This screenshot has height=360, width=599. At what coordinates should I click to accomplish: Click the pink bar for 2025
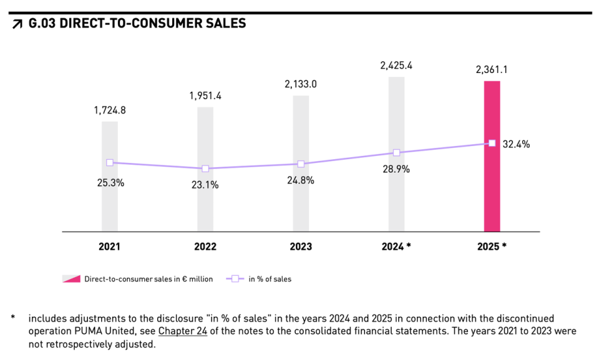click(x=492, y=187)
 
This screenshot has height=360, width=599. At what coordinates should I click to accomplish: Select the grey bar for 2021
click(x=110, y=200)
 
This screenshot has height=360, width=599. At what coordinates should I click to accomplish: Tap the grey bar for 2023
click(x=301, y=200)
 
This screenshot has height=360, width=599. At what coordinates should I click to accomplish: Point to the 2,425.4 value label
click(x=396, y=64)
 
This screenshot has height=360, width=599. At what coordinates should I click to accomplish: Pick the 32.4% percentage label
click(x=516, y=144)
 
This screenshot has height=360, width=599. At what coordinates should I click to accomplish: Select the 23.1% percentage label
click(x=205, y=185)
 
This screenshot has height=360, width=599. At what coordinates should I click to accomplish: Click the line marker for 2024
click(x=396, y=153)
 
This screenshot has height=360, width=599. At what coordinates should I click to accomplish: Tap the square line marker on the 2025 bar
click(x=492, y=144)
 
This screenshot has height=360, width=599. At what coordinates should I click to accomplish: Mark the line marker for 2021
click(x=110, y=162)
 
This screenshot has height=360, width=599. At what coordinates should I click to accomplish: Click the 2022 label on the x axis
click(x=205, y=246)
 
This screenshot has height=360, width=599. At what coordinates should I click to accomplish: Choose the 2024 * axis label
click(x=396, y=246)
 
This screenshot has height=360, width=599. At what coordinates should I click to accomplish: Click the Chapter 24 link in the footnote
click(x=182, y=331)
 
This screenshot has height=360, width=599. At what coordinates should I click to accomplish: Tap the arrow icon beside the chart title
click(x=17, y=25)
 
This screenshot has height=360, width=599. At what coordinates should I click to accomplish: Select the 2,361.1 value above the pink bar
click(x=492, y=70)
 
